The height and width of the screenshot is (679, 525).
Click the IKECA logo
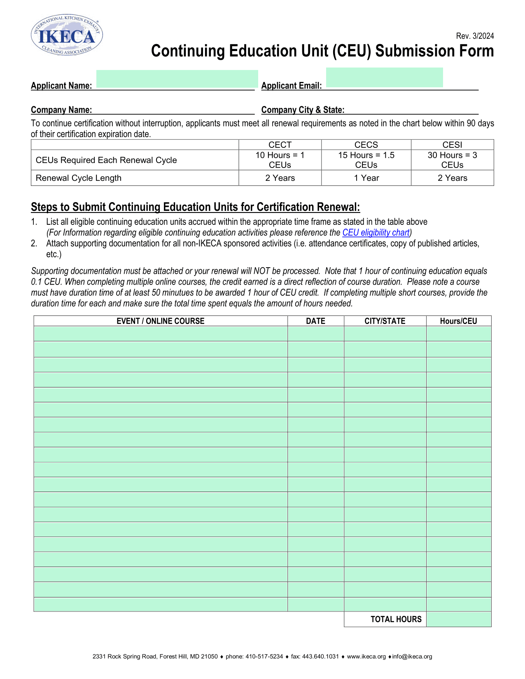click(67, 36)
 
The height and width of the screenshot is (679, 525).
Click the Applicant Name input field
click(177, 79)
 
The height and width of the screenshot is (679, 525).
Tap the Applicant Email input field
click(384, 78)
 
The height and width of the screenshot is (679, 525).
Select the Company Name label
click(61, 110)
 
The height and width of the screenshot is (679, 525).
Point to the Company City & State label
click(303, 110)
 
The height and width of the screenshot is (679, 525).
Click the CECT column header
click(280, 145)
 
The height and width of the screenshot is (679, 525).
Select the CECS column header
click(366, 145)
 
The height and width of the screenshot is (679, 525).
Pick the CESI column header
click(452, 145)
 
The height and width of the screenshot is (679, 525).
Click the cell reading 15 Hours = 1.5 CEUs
click(366, 160)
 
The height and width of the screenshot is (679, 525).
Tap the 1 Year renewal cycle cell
click(366, 178)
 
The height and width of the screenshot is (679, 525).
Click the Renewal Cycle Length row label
click(79, 178)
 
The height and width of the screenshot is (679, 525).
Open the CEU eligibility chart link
click(376, 233)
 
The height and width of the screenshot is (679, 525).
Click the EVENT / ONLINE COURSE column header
click(160, 321)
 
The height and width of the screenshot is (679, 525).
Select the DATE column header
click(315, 321)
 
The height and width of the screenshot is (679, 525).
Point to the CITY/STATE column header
click(385, 321)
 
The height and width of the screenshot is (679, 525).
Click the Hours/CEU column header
click(458, 321)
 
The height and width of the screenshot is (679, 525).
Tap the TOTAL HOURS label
click(396, 619)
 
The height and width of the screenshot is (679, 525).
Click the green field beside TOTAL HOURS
click(459, 619)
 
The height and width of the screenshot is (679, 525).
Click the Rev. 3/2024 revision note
click(475, 36)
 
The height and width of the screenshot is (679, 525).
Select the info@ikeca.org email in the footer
click(412, 657)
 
